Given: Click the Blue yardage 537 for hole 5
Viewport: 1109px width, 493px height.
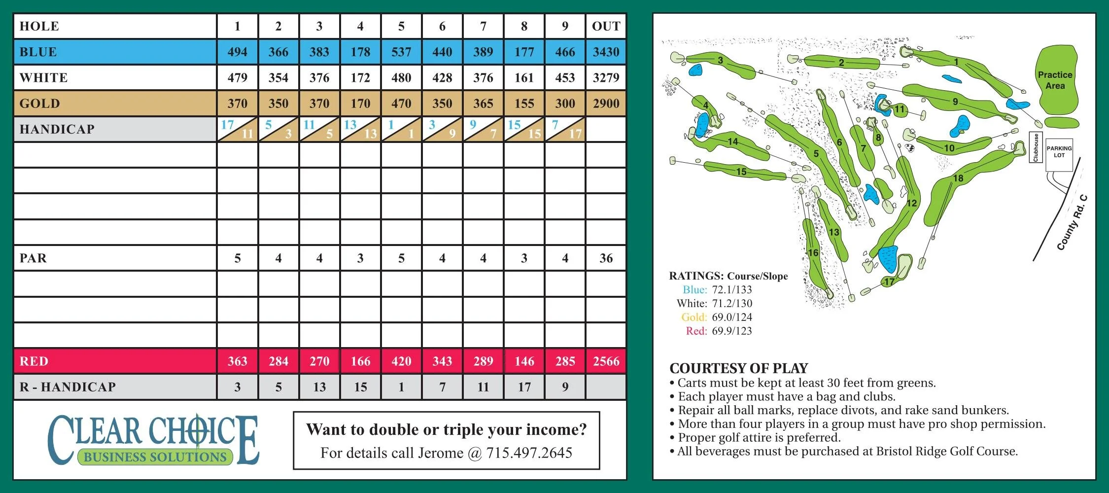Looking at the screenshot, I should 401,52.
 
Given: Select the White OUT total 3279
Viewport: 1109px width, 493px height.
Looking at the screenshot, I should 606,78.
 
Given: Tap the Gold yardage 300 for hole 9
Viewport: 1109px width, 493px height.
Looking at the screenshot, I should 565,104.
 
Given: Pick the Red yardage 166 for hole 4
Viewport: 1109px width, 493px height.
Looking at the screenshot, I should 360,361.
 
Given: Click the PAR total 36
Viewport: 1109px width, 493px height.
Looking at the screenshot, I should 606,258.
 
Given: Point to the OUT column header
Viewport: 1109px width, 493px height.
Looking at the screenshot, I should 606,27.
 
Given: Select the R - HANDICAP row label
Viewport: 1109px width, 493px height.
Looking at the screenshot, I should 68,387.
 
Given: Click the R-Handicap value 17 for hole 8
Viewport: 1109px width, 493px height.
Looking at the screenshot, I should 524,387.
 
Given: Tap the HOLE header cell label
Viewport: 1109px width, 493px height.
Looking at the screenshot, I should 39,27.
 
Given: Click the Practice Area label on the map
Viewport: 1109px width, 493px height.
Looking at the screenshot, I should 1055,80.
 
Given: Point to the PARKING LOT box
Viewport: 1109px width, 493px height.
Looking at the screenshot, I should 1059,152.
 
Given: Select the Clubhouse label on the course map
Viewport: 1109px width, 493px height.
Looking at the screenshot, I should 1036,147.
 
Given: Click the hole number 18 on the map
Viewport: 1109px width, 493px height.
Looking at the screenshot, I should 958,178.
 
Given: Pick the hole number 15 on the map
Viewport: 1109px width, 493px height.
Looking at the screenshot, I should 741,172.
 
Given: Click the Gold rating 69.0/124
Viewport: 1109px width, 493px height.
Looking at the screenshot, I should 731,317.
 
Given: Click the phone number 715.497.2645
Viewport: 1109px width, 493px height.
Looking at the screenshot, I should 529,453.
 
